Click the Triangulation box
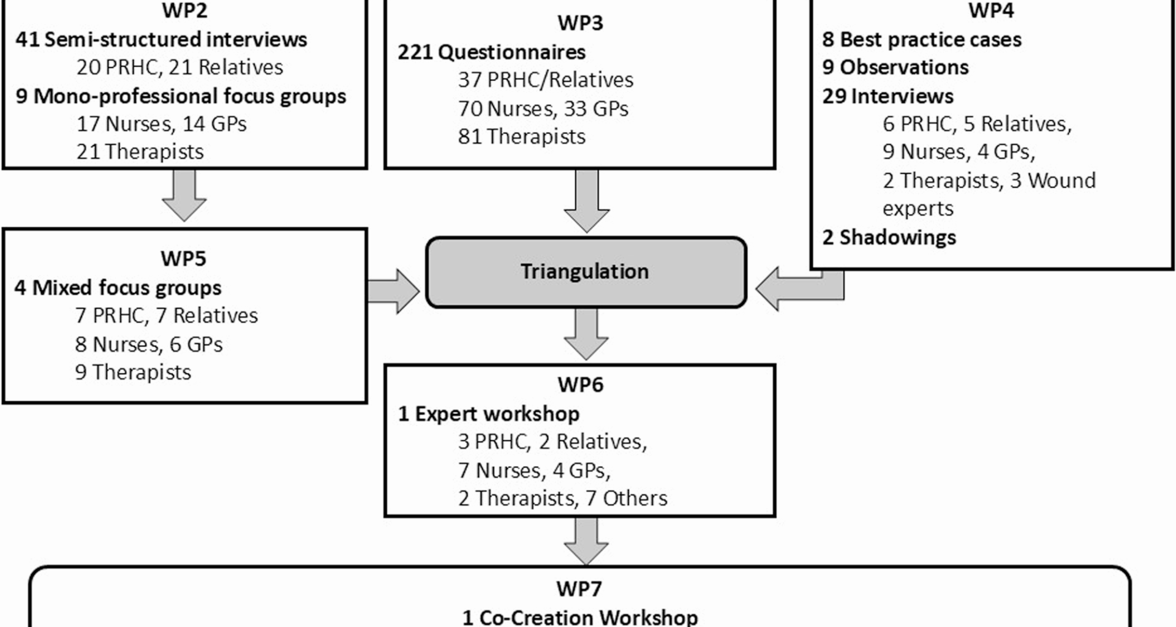pos(586,272)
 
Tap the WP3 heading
pos(580,23)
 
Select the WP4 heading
pos(990,10)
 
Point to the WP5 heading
pos(183,258)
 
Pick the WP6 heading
pos(580,385)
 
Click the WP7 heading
pos(579,589)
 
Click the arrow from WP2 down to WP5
pos(184,195)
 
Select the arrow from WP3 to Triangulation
pos(586,201)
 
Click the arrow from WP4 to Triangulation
pos(796,288)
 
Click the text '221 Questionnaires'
pos(491,52)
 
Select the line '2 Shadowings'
pos(889,238)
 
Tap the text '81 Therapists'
pos(521,137)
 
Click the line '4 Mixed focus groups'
pos(118,288)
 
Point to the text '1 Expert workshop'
pos(488,414)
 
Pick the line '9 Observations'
pos(895,67)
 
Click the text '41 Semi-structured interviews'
pos(161,40)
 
